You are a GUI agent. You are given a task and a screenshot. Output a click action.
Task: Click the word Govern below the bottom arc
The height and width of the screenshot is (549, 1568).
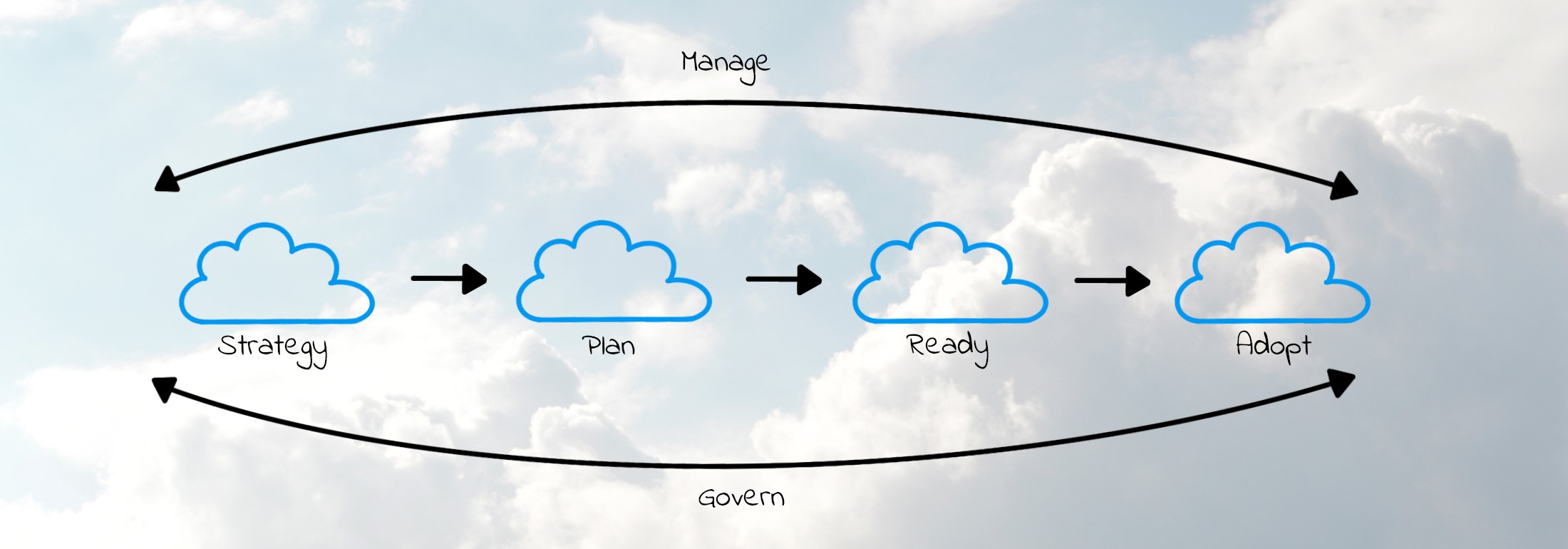(x=741, y=497)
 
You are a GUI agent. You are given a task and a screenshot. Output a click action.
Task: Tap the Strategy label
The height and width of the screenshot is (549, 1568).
(x=273, y=348)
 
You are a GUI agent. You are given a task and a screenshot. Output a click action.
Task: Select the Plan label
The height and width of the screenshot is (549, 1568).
(x=609, y=347)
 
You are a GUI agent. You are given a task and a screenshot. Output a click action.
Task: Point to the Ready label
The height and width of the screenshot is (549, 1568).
(x=948, y=347)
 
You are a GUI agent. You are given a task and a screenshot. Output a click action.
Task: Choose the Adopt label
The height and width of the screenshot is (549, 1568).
(x=1273, y=346)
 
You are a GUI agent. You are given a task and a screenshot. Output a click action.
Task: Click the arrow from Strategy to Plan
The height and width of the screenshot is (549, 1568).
(x=449, y=279)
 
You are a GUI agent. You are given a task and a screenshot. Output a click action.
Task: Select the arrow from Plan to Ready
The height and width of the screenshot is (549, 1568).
(x=784, y=279)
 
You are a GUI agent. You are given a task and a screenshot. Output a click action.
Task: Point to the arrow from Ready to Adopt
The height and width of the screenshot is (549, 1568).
(x=1112, y=281)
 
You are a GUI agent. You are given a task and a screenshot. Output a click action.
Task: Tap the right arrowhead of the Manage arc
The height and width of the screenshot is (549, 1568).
(x=1344, y=187)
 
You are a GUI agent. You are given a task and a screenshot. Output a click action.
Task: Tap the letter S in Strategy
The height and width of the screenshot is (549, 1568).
(x=227, y=345)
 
